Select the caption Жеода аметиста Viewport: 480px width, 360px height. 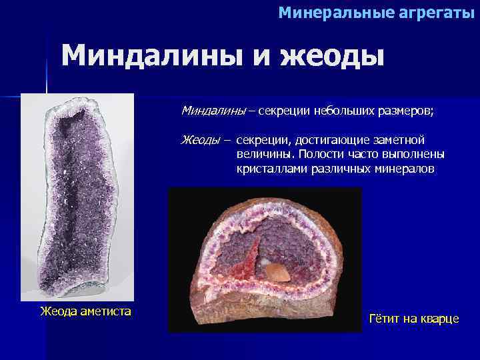click(x=85, y=311)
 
